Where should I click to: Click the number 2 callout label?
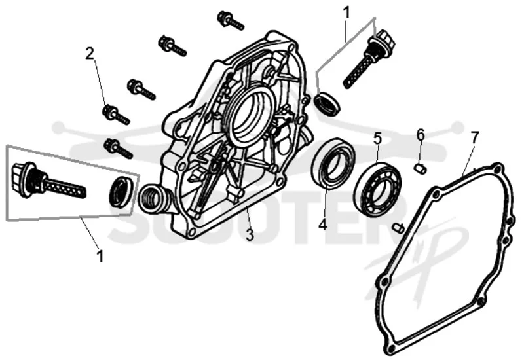coord(89,54)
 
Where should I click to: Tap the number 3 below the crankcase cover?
coord(250,235)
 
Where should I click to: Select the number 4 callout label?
coord(323,225)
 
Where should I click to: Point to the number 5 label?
coord(377,138)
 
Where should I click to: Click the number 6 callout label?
coord(421,135)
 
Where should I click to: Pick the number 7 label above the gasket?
coord(475,137)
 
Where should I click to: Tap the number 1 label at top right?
coord(347,12)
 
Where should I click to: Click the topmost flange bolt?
coord(231,21)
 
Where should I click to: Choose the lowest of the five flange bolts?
coord(119,149)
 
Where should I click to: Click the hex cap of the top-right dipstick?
coord(383,39)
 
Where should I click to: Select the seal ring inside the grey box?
coord(122,191)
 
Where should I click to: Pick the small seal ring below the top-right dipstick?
coord(328,103)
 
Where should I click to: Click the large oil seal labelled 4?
coord(333,163)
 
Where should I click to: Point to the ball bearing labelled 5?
coord(378,189)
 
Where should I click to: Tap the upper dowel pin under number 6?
coord(421,169)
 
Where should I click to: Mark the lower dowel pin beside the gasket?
coord(398,228)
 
